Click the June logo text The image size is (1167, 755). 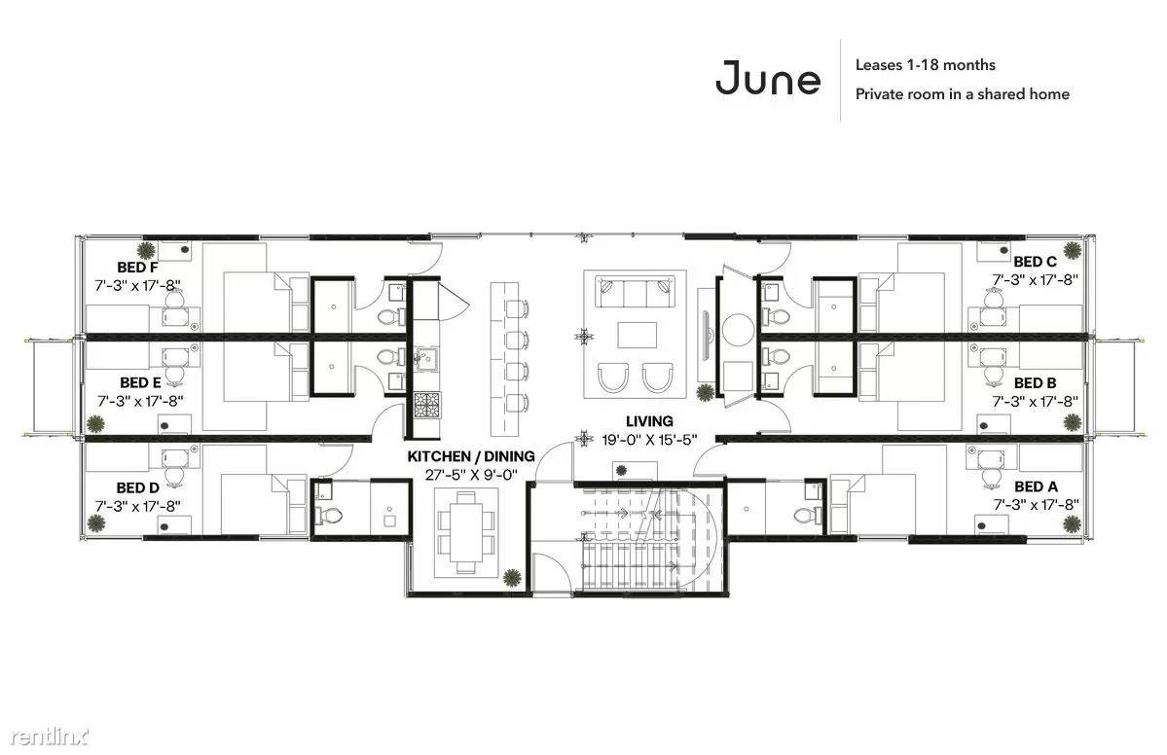(x=768, y=78)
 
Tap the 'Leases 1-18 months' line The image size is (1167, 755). (x=925, y=65)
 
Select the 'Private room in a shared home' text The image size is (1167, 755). (x=963, y=93)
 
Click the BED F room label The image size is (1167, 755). (x=137, y=267)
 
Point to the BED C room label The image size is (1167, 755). (x=1035, y=262)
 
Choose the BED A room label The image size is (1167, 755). (x=1036, y=486)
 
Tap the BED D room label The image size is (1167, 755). (x=137, y=488)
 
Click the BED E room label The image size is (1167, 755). (x=140, y=383)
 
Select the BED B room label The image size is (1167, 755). (x=1036, y=383)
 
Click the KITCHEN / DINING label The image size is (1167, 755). (x=470, y=456)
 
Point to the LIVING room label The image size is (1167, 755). (x=649, y=421)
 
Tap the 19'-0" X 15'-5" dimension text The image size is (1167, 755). (x=649, y=440)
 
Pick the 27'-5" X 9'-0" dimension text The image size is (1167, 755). (x=470, y=475)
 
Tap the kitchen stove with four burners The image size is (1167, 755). (x=427, y=406)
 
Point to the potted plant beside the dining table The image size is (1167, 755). (x=511, y=577)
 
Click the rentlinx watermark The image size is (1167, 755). (x=49, y=737)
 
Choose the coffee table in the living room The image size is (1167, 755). (x=638, y=335)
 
